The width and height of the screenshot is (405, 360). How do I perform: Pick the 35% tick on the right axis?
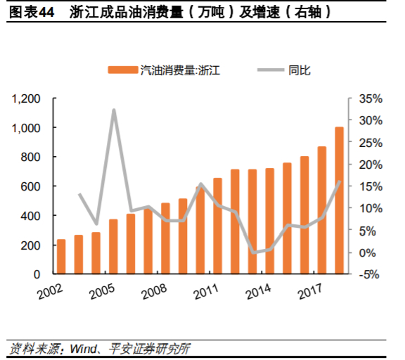click(370, 98)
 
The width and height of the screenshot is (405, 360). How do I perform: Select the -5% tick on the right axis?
click(370, 274)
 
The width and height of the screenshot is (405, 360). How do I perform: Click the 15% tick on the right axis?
click(370, 186)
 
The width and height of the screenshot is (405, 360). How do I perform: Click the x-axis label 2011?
click(202, 290)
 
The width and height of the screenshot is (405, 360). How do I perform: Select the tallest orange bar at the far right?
click(339, 200)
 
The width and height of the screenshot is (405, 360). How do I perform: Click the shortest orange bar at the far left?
click(61, 257)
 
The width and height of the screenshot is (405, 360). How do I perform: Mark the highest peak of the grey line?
click(114, 110)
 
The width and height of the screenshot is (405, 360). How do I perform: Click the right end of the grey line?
click(340, 181)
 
